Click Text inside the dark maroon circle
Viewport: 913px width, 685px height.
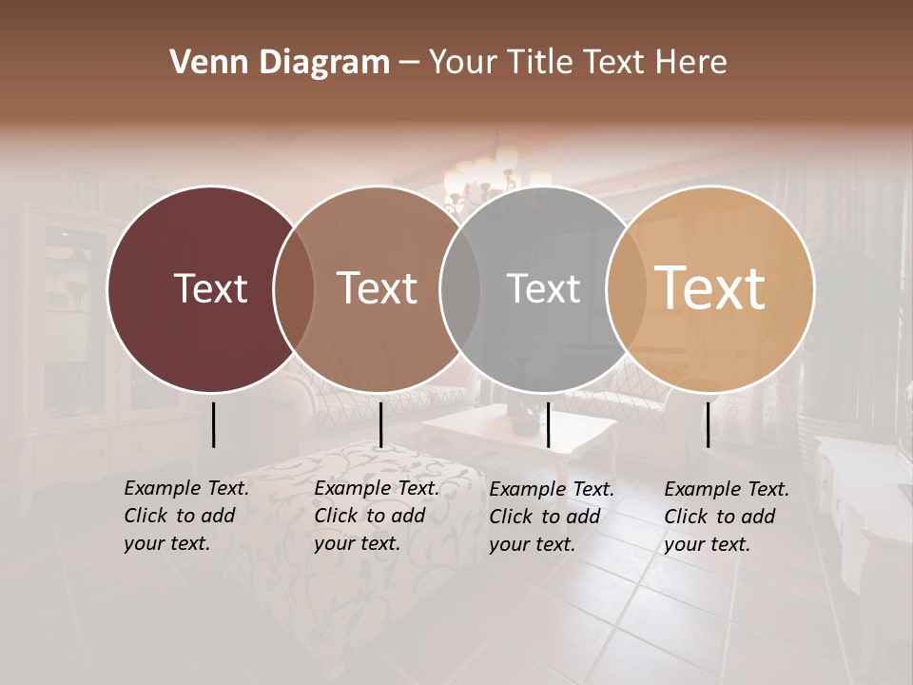pos(210,288)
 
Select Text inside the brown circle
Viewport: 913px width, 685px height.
pos(378,288)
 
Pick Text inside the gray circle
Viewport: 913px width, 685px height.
pos(543,288)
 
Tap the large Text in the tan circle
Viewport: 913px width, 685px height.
pos(710,288)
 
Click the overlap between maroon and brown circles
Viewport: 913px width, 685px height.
pos(294,288)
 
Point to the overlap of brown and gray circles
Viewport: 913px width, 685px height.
pos(460,288)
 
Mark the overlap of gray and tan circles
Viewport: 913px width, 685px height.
pos(627,288)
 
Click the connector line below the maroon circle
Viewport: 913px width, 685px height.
pos(213,424)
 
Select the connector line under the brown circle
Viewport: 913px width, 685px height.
pos(380,424)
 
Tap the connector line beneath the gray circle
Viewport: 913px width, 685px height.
pos(548,424)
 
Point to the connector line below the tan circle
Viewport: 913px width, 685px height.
pos(708,424)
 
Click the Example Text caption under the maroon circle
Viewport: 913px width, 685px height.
pos(186,516)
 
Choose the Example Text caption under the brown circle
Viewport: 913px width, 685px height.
pos(377,516)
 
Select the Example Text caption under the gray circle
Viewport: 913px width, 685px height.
pos(552,517)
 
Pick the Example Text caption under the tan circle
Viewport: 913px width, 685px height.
pos(727,517)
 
